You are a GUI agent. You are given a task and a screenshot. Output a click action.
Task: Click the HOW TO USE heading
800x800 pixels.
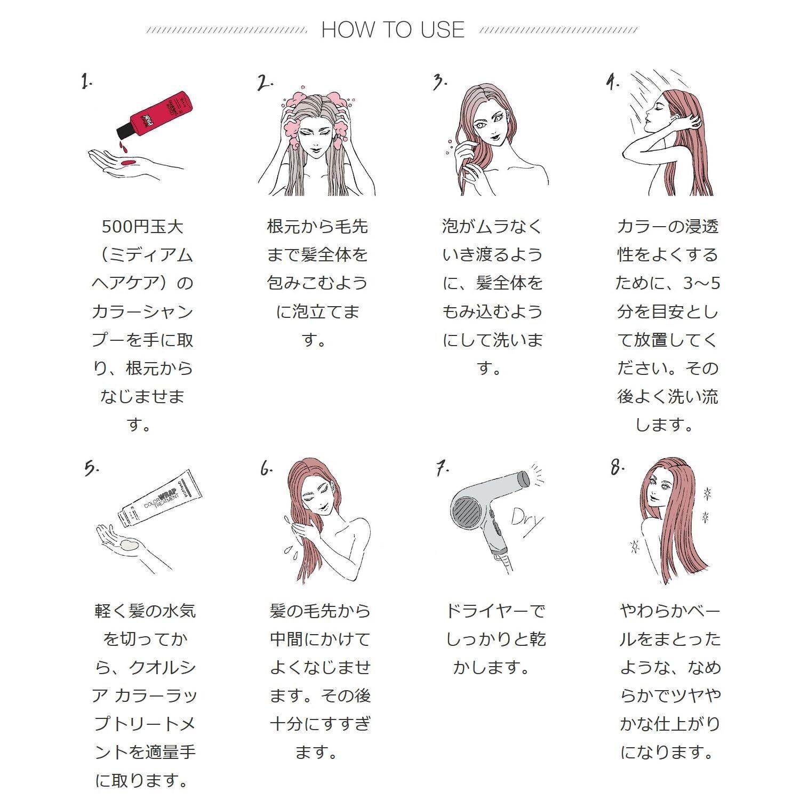(393, 30)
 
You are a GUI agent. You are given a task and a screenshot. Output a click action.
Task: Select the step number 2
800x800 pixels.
(265, 83)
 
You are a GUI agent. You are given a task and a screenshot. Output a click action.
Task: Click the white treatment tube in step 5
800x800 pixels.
(160, 499)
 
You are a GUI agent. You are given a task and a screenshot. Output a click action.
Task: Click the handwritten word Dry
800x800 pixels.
(527, 518)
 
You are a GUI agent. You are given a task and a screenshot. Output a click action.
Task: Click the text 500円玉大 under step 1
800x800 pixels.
(142, 227)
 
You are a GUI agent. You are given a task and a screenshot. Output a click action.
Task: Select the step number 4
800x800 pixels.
(612, 82)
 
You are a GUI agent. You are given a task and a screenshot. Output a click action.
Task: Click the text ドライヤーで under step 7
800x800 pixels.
(495, 611)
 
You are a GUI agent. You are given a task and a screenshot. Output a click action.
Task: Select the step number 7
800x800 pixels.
(442, 468)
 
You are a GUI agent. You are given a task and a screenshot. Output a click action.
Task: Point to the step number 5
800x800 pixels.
(91, 468)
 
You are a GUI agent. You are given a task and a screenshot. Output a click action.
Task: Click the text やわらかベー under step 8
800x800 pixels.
(670, 611)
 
